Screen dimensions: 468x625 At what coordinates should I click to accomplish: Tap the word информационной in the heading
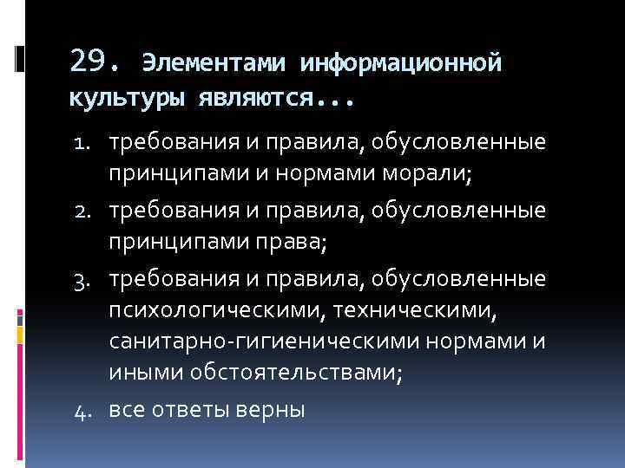(401, 63)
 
